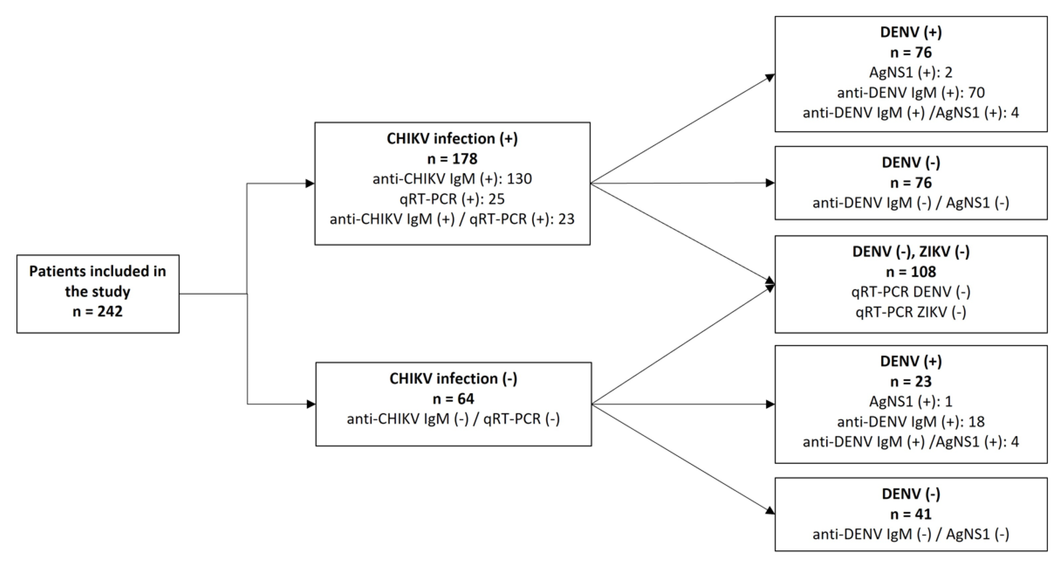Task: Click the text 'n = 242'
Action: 98,311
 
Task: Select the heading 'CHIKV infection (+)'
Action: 452,139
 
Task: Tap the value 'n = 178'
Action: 452,159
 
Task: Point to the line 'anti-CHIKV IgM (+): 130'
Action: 452,179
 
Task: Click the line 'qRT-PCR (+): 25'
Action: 452,199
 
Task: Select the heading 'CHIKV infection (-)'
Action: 453,379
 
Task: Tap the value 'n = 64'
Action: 453,399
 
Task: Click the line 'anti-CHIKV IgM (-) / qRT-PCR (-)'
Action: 453,419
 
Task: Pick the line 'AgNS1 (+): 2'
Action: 911,72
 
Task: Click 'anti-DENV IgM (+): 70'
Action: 911,93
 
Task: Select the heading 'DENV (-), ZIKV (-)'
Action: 911,252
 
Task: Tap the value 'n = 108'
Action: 911,272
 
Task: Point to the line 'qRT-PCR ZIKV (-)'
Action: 911,312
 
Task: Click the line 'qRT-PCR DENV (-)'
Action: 911,292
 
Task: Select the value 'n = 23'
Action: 911,381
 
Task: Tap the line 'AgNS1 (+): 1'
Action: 911,401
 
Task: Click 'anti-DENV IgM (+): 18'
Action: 911,422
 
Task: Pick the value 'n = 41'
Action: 911,514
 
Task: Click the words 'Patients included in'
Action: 98,271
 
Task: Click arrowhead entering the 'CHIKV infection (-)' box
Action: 311,404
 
